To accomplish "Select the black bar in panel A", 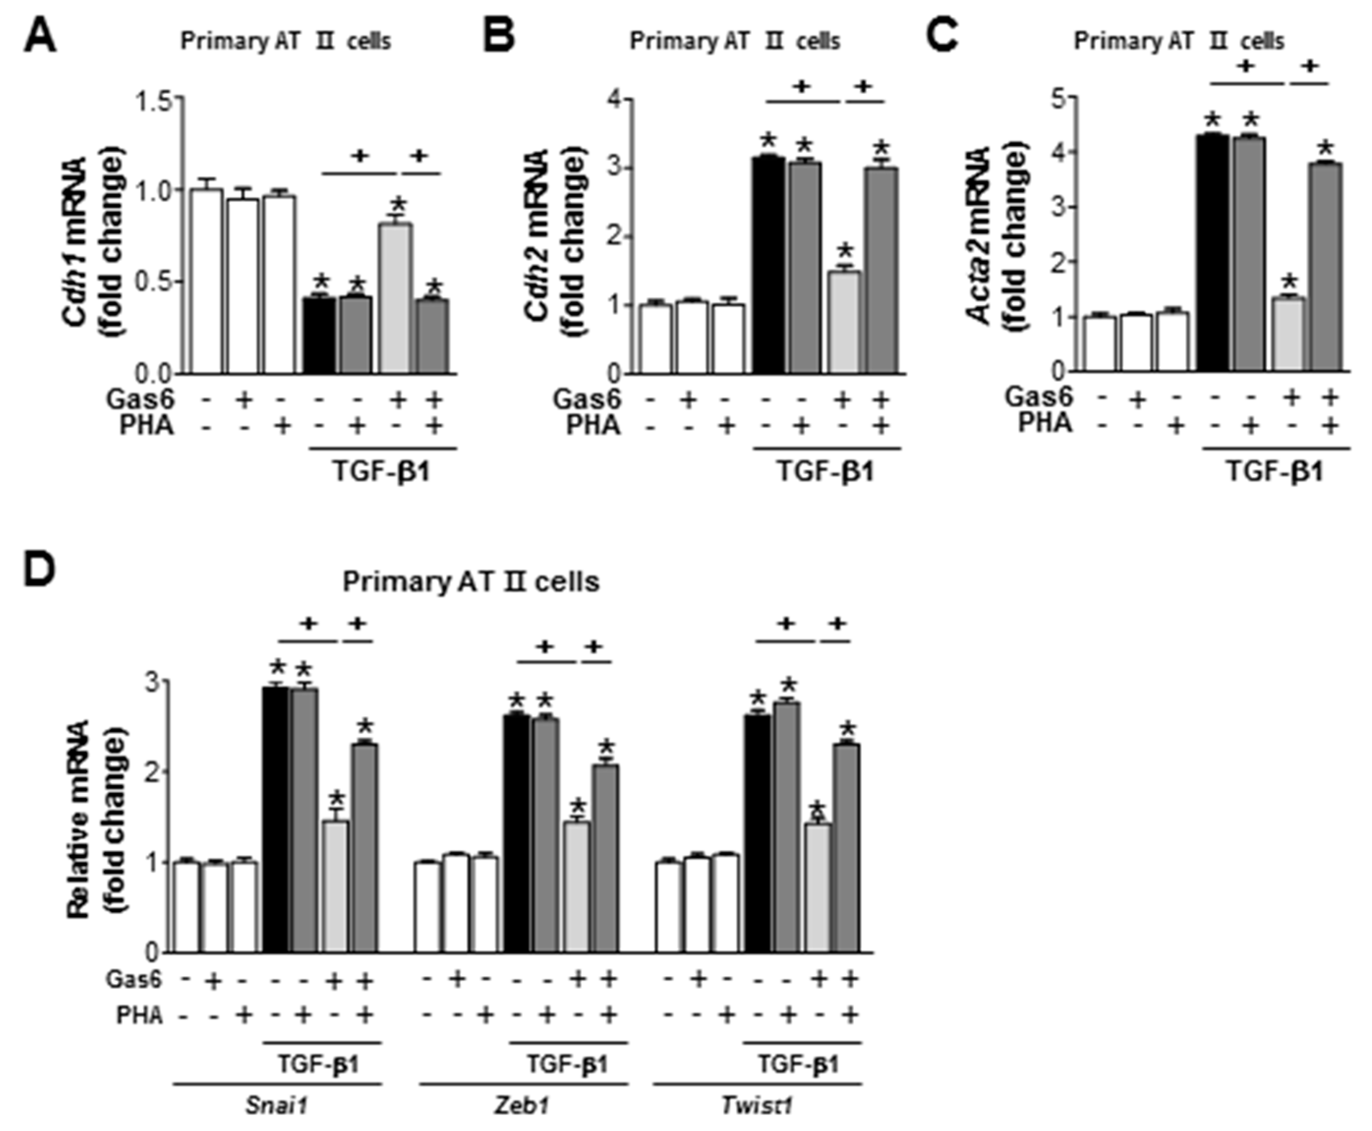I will [x=320, y=335].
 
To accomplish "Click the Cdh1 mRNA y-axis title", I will [x=91, y=241].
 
